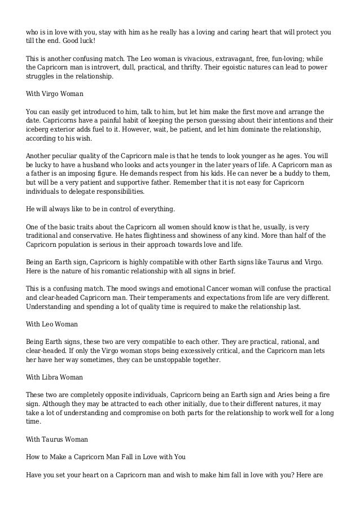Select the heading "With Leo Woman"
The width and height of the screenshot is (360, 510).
pyautogui.click(x=52, y=324)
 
